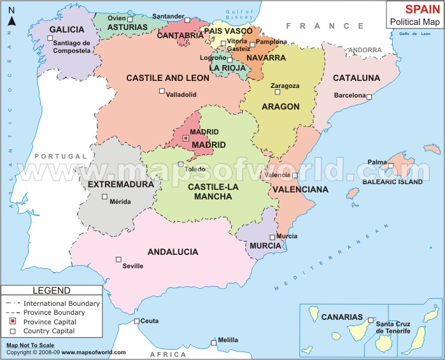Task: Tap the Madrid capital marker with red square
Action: click(186, 138)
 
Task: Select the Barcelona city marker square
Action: click(369, 96)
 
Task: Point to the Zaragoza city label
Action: click(285, 86)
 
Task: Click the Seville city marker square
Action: click(118, 259)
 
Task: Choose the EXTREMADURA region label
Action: click(121, 184)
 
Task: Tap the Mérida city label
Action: click(120, 202)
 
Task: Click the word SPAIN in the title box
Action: click(415, 10)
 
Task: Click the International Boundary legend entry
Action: click(61, 303)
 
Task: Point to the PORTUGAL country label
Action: click(60, 156)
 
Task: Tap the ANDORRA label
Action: click(366, 50)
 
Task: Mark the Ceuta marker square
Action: click(137, 321)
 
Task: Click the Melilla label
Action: click(228, 340)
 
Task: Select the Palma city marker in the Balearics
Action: click(392, 167)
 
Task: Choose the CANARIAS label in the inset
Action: click(342, 317)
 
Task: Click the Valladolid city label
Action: click(181, 94)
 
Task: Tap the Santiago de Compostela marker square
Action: click(50, 38)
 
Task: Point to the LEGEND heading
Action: click(52, 291)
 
